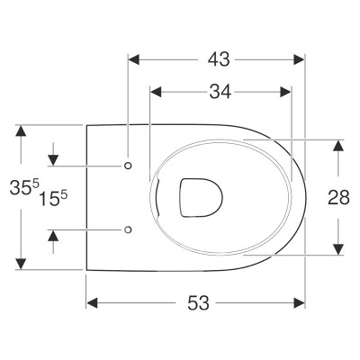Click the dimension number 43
click(x=219, y=59)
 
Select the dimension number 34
click(x=220, y=92)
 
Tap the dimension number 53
click(x=198, y=303)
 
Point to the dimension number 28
click(x=338, y=197)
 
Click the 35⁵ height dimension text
click(x=24, y=187)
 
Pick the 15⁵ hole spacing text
click(x=53, y=199)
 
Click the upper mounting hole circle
click(x=128, y=166)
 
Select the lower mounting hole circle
click(x=128, y=229)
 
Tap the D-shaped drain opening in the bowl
click(x=202, y=197)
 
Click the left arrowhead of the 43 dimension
click(x=134, y=59)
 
